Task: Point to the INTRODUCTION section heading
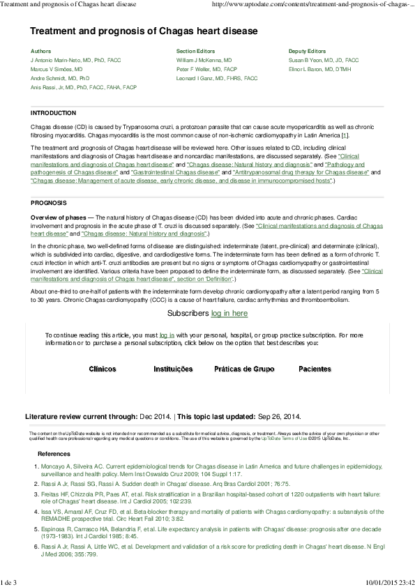click(54, 113)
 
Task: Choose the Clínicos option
click(103, 368)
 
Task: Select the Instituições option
click(172, 368)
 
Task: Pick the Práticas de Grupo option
click(244, 368)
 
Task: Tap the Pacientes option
click(315, 368)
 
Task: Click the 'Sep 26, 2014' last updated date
click(279, 416)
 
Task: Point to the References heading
click(54, 453)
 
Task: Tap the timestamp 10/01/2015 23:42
click(389, 581)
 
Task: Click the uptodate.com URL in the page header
click(315, 5)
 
